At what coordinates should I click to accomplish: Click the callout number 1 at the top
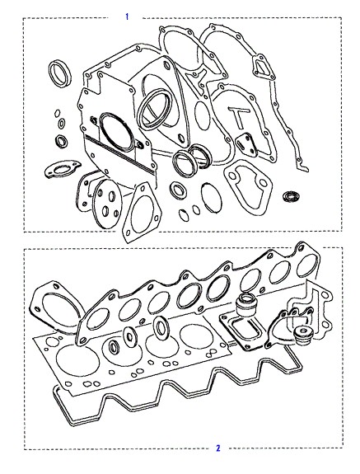coord(127,16)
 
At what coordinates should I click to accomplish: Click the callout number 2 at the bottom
coord(218,448)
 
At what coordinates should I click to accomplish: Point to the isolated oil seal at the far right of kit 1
coord(292,196)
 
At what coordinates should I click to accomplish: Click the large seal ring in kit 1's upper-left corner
coord(59,73)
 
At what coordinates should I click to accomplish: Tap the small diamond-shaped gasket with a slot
coord(246,145)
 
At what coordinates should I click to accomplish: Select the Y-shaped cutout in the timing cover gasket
coord(197,79)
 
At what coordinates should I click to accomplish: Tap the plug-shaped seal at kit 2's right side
coord(303,335)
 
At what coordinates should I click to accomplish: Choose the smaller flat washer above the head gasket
coord(130,336)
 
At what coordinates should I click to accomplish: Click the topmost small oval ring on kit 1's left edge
coord(57,113)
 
